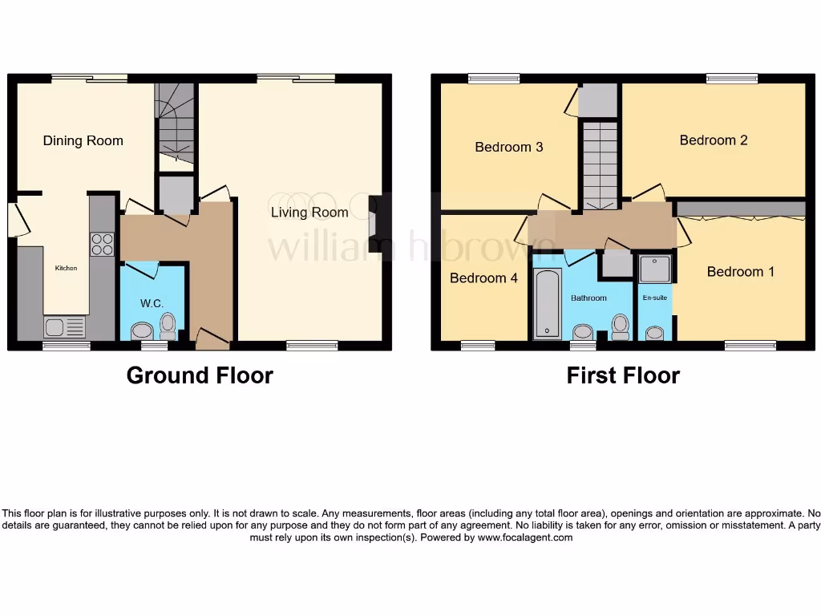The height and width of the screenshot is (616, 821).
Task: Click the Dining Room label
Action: [83, 141]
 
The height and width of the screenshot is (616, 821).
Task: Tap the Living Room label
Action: [309, 213]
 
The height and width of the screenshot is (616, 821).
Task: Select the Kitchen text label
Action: [66, 268]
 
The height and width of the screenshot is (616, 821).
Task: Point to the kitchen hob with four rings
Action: [102, 244]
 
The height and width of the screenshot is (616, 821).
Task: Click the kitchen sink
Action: [64, 327]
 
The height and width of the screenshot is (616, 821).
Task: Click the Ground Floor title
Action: [200, 375]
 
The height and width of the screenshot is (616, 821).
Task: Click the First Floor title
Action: [623, 375]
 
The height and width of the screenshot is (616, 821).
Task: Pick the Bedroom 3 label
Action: [509, 147]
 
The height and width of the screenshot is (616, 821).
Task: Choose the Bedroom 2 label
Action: [714, 140]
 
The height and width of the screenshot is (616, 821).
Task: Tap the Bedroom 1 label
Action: [741, 272]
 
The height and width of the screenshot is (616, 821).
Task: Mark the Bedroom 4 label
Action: [483, 278]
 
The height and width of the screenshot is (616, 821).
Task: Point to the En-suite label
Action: [655, 298]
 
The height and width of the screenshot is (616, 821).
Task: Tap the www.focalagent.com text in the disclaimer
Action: [525, 537]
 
